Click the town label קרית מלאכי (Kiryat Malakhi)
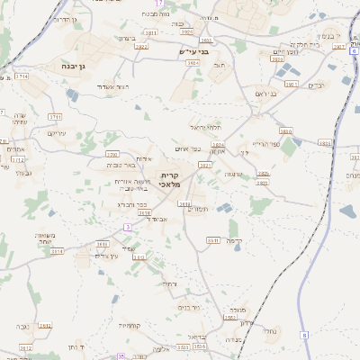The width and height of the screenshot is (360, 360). pos(170,179)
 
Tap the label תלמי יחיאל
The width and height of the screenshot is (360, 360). pos(205,128)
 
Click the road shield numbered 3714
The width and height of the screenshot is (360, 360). pos(20,77)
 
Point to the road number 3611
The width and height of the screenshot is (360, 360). pos(102,243)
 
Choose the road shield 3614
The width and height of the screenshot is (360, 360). pos(57,251)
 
